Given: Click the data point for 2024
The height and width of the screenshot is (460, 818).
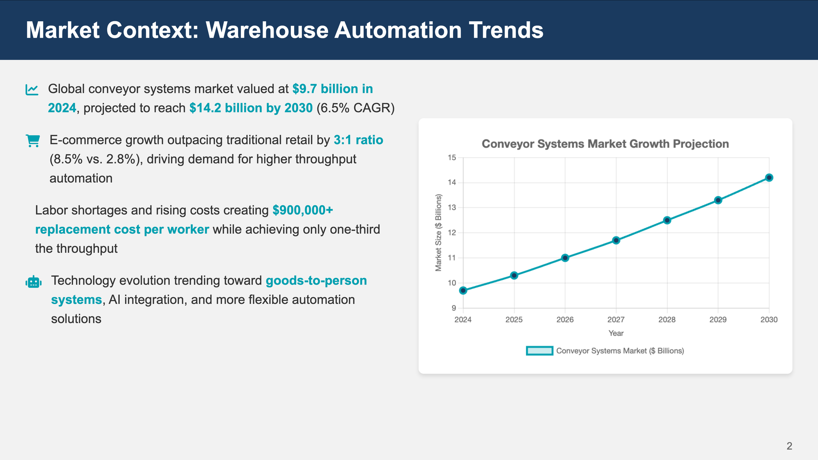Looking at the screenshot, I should click(x=463, y=291).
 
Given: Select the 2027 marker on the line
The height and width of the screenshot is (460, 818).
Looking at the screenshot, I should click(x=616, y=240).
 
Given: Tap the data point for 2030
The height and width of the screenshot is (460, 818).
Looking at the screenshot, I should click(x=769, y=177).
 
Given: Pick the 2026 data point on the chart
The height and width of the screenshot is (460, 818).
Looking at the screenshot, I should click(x=565, y=258).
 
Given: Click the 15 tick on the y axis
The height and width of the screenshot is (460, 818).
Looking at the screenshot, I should click(x=452, y=158).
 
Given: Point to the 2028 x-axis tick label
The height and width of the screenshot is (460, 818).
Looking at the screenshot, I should click(x=667, y=320).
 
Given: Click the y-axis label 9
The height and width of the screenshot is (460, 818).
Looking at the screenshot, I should click(x=454, y=308).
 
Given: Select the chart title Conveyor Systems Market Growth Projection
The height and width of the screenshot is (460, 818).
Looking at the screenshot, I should click(x=605, y=144).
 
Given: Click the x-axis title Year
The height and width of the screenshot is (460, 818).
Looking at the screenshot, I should click(x=616, y=333).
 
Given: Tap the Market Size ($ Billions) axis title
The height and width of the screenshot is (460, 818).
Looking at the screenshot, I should click(x=438, y=233).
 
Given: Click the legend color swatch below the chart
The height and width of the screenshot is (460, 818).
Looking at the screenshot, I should click(x=539, y=351).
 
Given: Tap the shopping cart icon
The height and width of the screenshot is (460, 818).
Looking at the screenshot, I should click(x=33, y=141).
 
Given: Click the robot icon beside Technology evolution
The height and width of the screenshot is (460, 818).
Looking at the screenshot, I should click(x=34, y=282).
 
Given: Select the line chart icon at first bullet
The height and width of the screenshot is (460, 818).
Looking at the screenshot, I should click(x=32, y=90).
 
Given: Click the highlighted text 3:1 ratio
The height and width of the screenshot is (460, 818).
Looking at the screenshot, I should click(x=358, y=140).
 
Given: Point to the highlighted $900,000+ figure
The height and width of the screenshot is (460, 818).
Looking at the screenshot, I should click(x=303, y=210).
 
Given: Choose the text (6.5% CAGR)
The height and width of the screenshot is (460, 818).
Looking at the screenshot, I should click(x=355, y=108).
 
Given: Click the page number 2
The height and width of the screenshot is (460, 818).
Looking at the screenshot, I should click(x=789, y=446).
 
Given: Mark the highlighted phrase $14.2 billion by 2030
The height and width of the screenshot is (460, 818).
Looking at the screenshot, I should click(x=251, y=108).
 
